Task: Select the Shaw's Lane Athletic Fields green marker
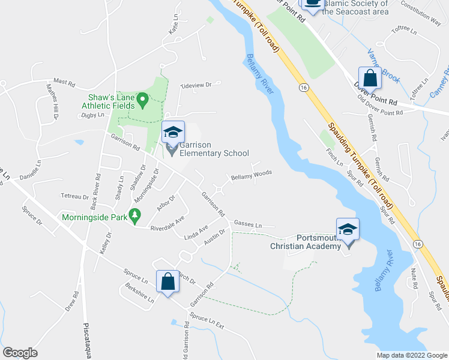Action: (x=143, y=100)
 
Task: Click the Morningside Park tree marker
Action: (x=136, y=214)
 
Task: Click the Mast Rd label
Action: (x=63, y=80)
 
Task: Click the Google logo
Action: (x=20, y=353)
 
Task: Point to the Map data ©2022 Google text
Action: (x=411, y=355)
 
